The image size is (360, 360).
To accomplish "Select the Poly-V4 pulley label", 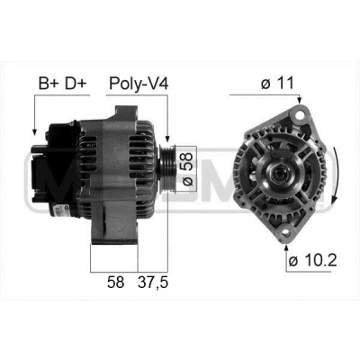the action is pyautogui.click(x=139, y=84).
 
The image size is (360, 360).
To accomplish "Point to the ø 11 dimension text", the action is pyautogui.click(x=277, y=83).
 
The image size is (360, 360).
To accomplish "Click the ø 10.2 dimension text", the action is pyautogui.click(x=312, y=260).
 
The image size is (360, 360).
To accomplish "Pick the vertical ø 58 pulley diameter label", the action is pyautogui.click(x=186, y=168).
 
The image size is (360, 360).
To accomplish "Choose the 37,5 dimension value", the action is pyautogui.click(x=153, y=283).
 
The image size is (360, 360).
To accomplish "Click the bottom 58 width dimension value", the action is pyautogui.click(x=115, y=283).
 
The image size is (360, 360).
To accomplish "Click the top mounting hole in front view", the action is pyautogui.click(x=299, y=115).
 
